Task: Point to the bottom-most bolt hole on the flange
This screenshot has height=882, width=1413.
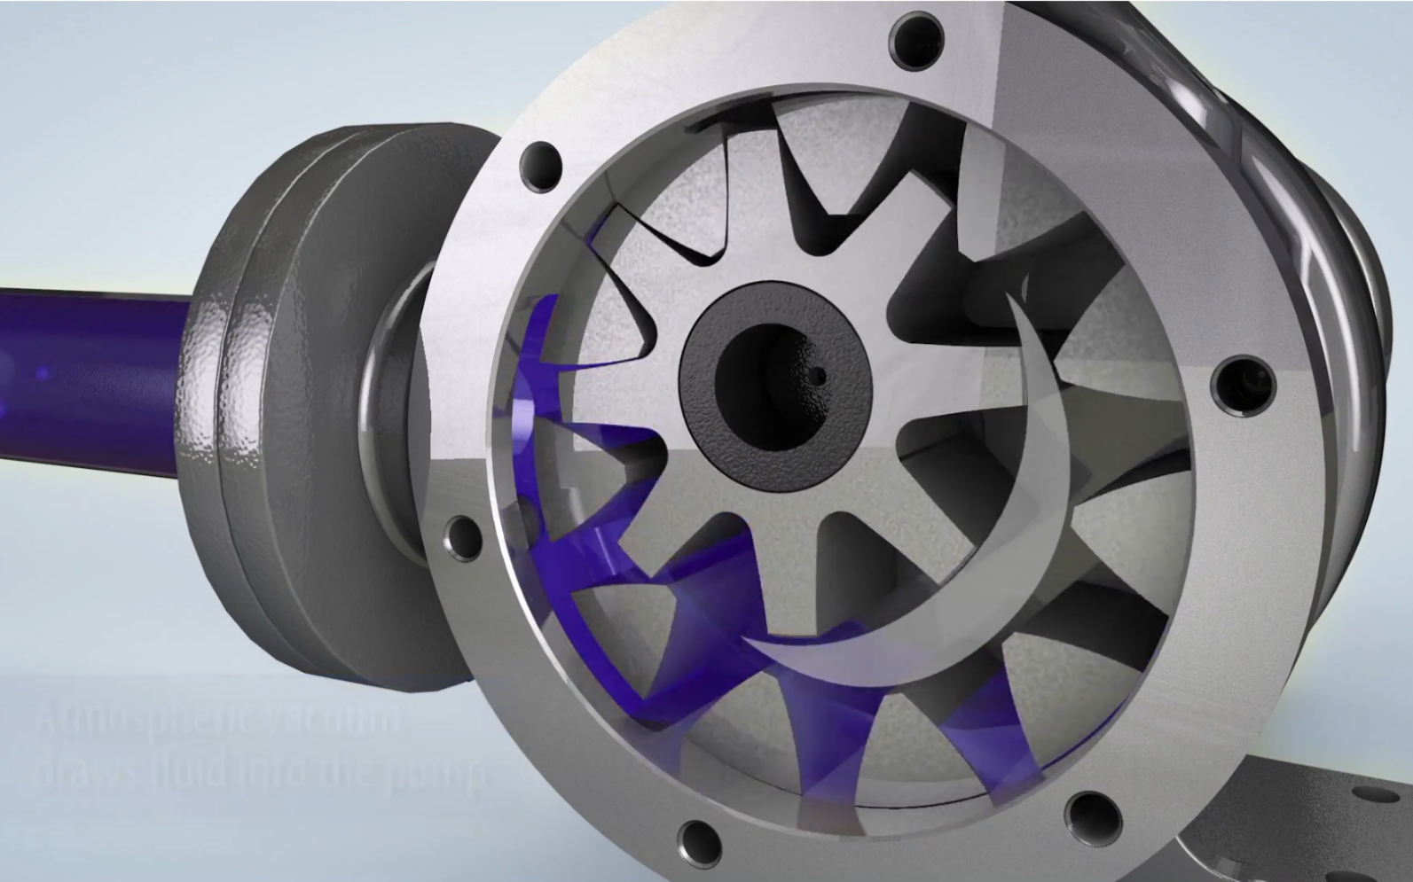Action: (x=698, y=838)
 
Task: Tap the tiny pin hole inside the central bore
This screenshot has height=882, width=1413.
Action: (x=820, y=376)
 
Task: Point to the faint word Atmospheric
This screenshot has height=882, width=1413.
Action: (x=133, y=722)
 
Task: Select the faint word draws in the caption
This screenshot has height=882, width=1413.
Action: (x=84, y=771)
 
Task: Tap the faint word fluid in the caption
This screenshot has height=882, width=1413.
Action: (x=186, y=771)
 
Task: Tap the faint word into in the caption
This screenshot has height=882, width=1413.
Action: (x=271, y=771)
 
